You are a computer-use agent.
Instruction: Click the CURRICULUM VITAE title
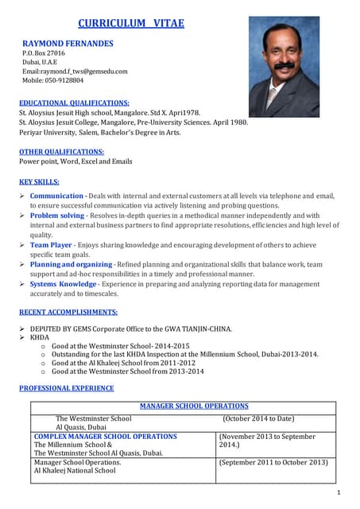tap(131, 23)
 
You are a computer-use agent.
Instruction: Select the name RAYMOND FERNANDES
tap(68, 43)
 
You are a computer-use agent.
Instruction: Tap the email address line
tap(75, 71)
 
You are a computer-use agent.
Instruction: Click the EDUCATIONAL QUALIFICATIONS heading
tap(74, 103)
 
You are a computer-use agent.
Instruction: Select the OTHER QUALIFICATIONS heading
tap(61, 151)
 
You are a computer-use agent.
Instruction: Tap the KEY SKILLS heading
tap(40, 181)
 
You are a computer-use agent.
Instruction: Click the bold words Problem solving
tap(56, 216)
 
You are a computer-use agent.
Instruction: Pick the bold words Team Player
tap(51, 245)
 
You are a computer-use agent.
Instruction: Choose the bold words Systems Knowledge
tap(63, 284)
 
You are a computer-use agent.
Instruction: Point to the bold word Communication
tap(56, 196)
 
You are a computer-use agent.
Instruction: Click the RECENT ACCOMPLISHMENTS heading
tap(68, 313)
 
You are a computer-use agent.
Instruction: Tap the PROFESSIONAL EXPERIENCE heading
tap(66, 388)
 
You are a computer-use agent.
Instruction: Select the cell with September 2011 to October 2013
tap(273, 462)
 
